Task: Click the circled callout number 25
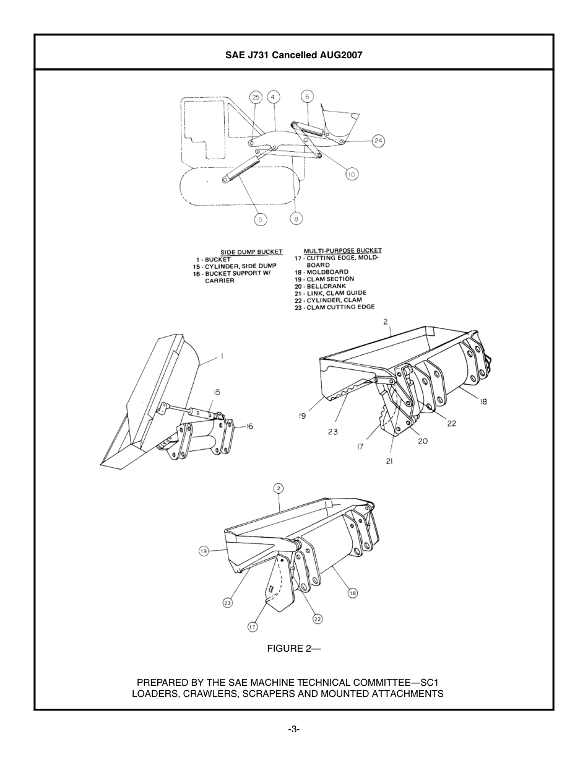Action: pyautogui.click(x=256, y=97)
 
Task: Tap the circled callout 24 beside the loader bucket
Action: pyautogui.click(x=378, y=141)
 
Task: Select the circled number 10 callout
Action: pyautogui.click(x=351, y=175)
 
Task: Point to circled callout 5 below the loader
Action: pyautogui.click(x=261, y=219)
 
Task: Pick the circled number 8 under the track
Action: pyautogui.click(x=296, y=218)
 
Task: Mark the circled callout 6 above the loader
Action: pyautogui.click(x=307, y=96)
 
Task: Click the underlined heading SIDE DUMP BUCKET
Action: pyautogui.click(x=251, y=252)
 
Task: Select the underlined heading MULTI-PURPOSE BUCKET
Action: pyautogui.click(x=342, y=251)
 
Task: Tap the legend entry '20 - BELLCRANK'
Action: pyautogui.click(x=320, y=286)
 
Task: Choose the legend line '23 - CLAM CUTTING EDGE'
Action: pyautogui.click(x=334, y=307)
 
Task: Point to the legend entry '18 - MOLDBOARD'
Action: pyautogui.click(x=321, y=272)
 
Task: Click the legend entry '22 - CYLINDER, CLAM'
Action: pyautogui.click(x=328, y=300)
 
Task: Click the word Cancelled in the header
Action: pyautogui.click(x=291, y=55)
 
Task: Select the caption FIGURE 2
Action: pyautogui.click(x=293, y=649)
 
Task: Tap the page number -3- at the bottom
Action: pyautogui.click(x=293, y=729)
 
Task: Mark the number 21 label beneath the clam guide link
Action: pyautogui.click(x=389, y=461)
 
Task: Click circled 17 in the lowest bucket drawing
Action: pyautogui.click(x=253, y=627)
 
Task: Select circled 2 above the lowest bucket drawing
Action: pyautogui.click(x=279, y=489)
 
